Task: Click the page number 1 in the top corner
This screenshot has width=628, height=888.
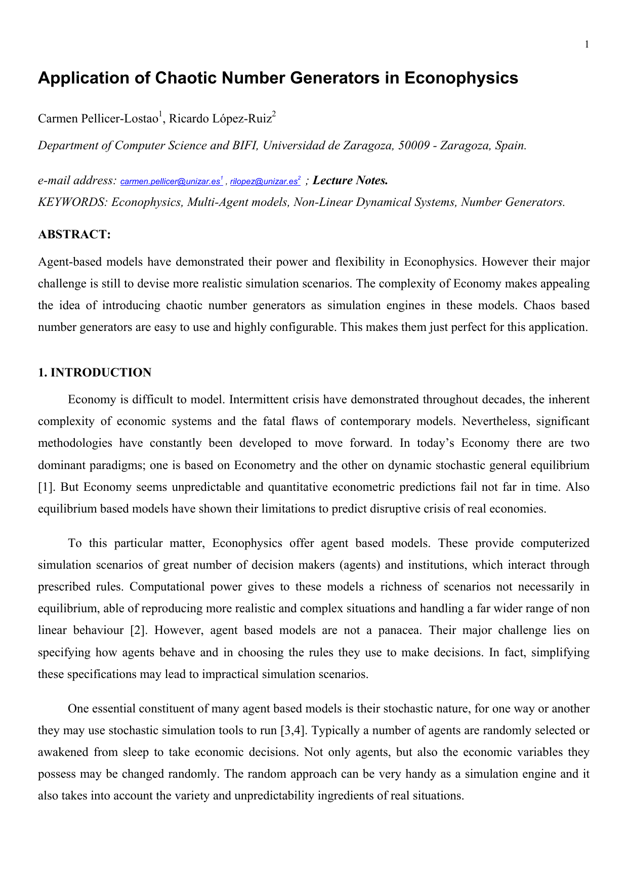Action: (587, 45)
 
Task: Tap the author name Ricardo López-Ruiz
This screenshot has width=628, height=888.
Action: (220, 119)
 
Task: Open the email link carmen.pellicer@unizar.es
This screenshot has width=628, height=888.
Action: (170, 182)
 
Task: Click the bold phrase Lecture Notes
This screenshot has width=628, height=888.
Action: (350, 181)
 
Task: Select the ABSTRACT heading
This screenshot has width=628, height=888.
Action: (74, 234)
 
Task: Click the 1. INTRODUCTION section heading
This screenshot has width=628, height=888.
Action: (95, 373)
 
